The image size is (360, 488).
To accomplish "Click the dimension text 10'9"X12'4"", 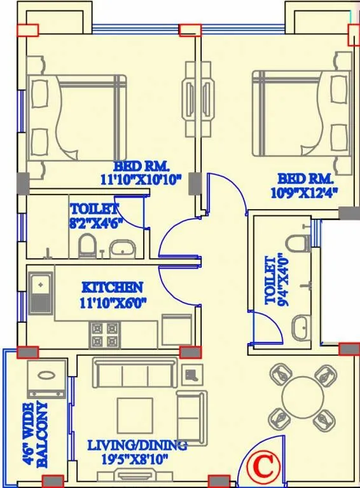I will (307, 191).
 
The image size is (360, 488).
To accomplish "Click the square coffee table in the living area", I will (135, 416).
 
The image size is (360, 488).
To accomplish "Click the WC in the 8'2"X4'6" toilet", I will (87, 245).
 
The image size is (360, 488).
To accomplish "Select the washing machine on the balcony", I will (47, 380).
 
